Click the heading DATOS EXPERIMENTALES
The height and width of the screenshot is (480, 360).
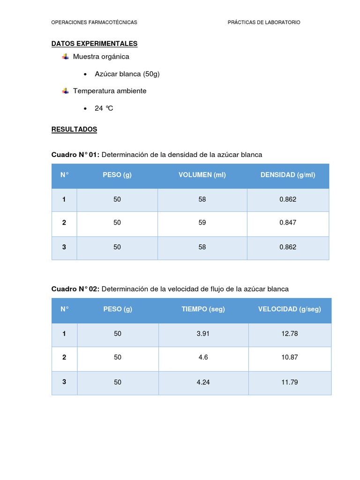click(94, 44)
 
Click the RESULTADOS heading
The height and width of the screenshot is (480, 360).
click(74, 129)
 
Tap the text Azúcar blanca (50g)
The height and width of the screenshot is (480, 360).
click(127, 74)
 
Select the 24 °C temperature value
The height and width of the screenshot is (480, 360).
click(104, 108)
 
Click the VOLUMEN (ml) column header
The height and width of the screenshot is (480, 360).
click(202, 175)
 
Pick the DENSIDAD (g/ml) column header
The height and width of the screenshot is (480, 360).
click(288, 175)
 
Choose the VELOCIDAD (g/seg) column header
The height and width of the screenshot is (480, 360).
click(289, 309)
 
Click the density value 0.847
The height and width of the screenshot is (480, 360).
click(288, 223)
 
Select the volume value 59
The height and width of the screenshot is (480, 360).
click(202, 223)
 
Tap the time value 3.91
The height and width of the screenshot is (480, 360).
click(203, 334)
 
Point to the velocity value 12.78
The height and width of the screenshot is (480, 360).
click(289, 334)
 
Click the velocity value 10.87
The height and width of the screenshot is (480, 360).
click(289, 357)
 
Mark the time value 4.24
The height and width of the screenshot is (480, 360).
click(203, 382)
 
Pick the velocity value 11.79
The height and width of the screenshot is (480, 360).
click(289, 382)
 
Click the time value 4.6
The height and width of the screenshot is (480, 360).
click(203, 357)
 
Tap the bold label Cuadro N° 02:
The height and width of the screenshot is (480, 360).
click(75, 289)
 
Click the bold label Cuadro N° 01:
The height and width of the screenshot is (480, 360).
click(75, 155)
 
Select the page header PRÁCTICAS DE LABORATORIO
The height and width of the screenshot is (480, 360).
click(264, 22)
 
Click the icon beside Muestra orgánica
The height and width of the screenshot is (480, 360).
click(65, 57)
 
